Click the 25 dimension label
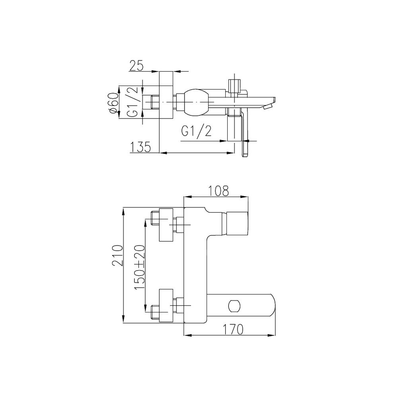pos(137,66)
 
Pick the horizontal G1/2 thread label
pos(196,131)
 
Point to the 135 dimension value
pos(140,147)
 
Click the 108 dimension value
pos(219,191)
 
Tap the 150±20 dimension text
pos(140,267)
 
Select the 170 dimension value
pos(233,329)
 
